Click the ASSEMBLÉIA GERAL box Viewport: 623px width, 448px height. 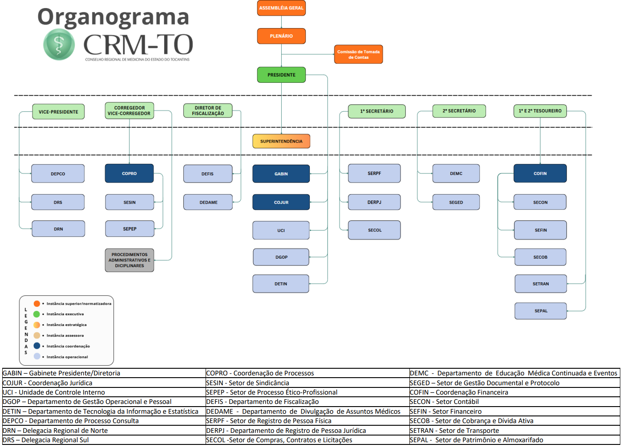281,8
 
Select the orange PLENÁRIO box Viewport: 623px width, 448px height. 281,36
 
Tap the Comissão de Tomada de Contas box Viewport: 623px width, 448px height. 358,54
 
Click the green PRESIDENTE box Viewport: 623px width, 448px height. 281,75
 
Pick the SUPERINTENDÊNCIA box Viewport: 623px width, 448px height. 281,141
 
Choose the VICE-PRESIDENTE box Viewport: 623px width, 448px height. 58,112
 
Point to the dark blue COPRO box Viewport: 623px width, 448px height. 129,174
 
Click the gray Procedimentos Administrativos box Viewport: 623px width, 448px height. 129,260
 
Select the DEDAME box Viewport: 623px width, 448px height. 208,202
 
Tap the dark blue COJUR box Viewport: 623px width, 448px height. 281,202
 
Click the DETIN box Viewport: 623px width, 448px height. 281,284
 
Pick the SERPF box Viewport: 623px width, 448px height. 374,174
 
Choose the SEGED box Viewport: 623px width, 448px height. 456,202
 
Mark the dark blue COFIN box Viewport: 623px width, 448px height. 540,174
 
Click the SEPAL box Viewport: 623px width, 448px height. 541,311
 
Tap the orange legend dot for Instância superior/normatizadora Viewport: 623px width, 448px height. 37,304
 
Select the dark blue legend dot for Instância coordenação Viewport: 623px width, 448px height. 37,346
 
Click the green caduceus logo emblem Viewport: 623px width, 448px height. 59,44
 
